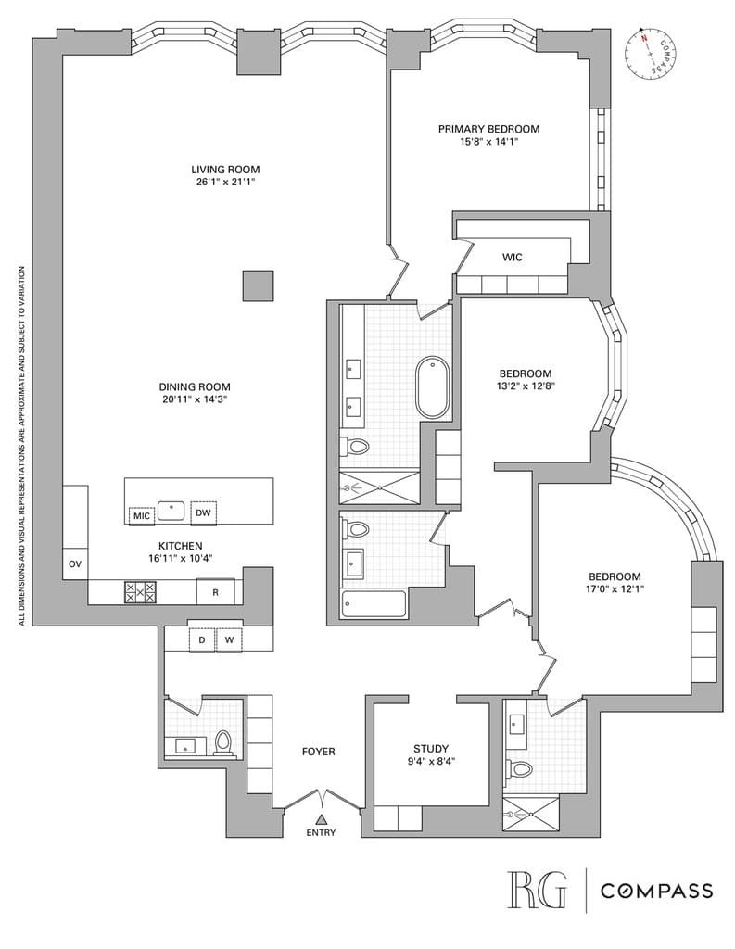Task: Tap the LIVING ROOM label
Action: (x=225, y=170)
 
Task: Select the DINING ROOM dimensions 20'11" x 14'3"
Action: (x=194, y=399)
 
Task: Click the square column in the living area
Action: (x=258, y=285)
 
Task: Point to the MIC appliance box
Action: (x=142, y=514)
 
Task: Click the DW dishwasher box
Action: (x=203, y=512)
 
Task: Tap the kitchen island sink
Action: (x=171, y=509)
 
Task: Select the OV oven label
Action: (x=74, y=563)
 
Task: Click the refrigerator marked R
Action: (x=215, y=591)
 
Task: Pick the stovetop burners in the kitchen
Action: (x=140, y=591)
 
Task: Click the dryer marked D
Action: (x=201, y=639)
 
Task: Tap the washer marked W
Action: (x=228, y=639)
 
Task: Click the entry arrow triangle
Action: (x=322, y=818)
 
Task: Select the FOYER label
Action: (x=319, y=752)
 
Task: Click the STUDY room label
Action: (x=431, y=749)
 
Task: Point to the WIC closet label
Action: (x=513, y=257)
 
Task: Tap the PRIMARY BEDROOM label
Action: (x=488, y=129)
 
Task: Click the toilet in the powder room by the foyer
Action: (x=222, y=742)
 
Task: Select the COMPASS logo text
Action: (x=656, y=891)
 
